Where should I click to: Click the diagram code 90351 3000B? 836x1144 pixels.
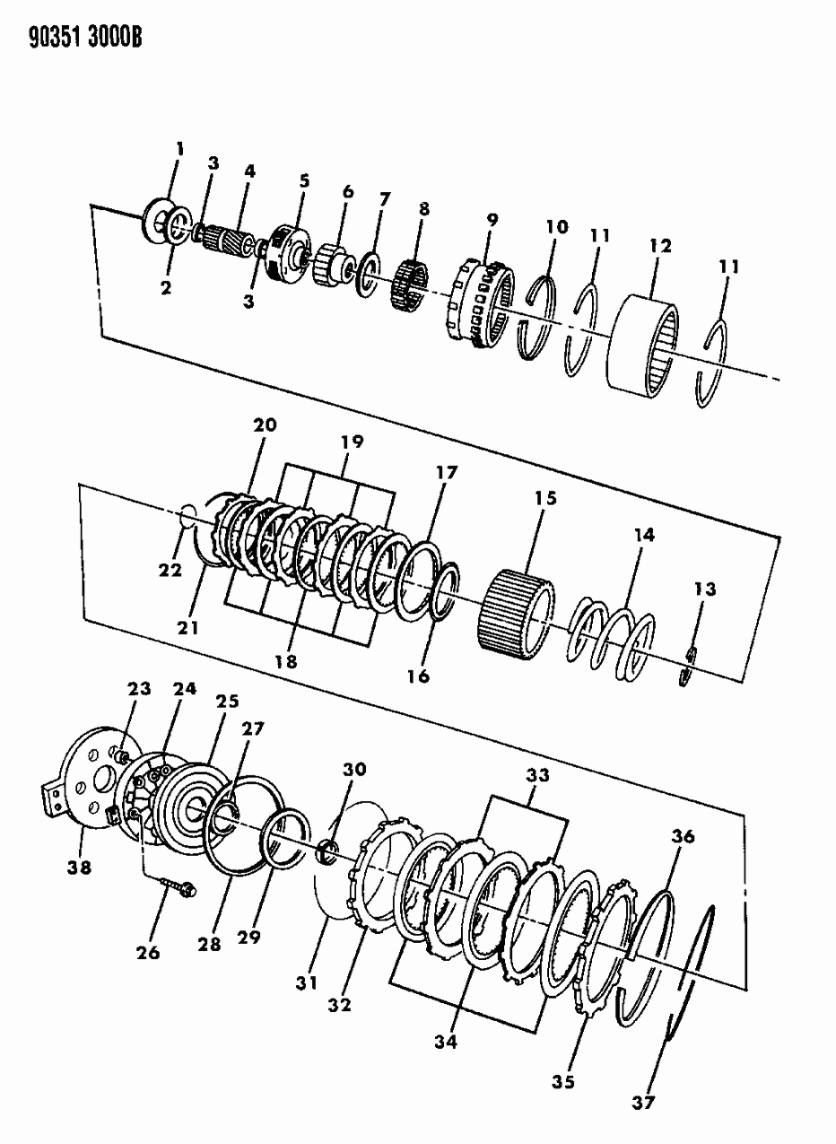pos(75,39)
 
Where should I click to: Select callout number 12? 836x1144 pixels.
pos(662,246)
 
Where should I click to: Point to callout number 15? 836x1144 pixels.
pos(545,498)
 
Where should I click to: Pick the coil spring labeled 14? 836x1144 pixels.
pos(614,638)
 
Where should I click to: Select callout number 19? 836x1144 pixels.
pos(352,441)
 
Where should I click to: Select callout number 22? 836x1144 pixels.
pos(170,570)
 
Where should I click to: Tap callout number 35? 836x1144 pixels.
pos(562,1082)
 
